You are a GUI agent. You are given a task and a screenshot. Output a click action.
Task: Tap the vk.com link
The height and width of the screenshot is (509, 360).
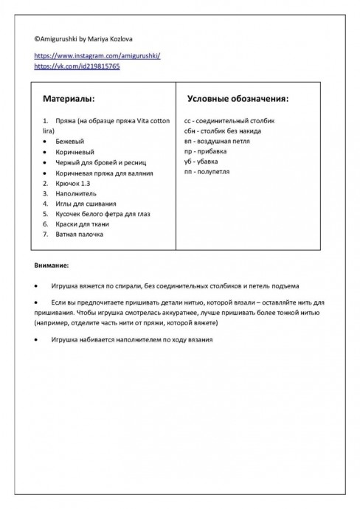pos(77,66)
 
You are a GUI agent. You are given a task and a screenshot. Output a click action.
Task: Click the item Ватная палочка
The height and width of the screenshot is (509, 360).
pos(79,234)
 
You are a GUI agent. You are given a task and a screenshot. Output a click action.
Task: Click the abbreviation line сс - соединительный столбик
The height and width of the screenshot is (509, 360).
pos(229,120)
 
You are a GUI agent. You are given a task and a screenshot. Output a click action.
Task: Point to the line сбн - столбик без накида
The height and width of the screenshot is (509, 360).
pos(222,131)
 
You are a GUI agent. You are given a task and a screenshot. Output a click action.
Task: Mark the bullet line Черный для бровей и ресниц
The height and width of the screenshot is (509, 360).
pos(96,162)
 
